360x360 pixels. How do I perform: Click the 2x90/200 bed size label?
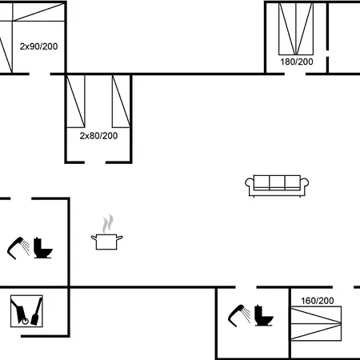tap(38, 46)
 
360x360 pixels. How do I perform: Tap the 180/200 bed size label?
tap(297, 62)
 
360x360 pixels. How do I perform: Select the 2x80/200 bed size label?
tap(98, 136)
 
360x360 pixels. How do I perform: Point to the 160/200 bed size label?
tap(318, 301)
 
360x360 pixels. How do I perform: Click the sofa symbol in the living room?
tap(277, 186)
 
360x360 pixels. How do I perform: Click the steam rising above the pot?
tap(108, 223)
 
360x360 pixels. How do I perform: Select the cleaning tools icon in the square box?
tap(26, 311)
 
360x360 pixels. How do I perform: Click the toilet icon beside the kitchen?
tap(42, 248)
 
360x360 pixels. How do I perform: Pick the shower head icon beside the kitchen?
tap(18, 248)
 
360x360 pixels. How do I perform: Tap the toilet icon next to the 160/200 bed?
tap(263, 315)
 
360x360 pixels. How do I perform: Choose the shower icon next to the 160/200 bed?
tap(239, 316)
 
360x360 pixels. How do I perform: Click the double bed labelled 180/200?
tap(296, 29)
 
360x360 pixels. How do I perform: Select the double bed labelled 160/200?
tap(316, 324)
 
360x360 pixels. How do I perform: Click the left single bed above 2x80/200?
tap(76, 102)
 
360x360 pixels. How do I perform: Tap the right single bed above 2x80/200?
tap(121, 102)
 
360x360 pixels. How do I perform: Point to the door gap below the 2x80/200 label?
tap(95, 162)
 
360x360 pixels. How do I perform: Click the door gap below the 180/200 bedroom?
tap(294, 74)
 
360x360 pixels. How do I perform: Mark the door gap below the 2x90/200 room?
tap(40, 74)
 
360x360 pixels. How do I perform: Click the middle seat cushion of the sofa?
tap(277, 182)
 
